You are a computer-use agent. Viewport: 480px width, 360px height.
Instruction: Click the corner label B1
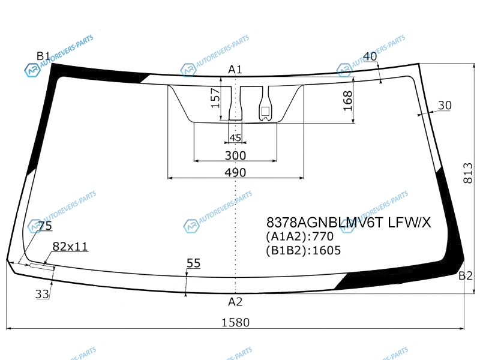(x=43, y=56)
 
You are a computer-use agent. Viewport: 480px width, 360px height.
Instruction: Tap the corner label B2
(x=466, y=276)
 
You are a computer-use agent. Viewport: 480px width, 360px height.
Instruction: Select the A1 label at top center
(x=235, y=70)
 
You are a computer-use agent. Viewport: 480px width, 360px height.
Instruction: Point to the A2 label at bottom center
(x=235, y=302)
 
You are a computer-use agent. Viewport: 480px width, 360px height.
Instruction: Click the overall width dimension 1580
(x=235, y=322)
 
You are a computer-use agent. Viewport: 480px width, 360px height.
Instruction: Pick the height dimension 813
(x=468, y=173)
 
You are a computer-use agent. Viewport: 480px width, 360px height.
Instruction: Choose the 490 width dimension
(x=235, y=172)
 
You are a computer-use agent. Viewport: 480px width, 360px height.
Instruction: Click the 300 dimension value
(x=235, y=155)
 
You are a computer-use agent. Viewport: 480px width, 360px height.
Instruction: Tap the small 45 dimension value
(x=235, y=138)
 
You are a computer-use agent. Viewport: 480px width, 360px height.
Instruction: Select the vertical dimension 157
(x=216, y=98)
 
